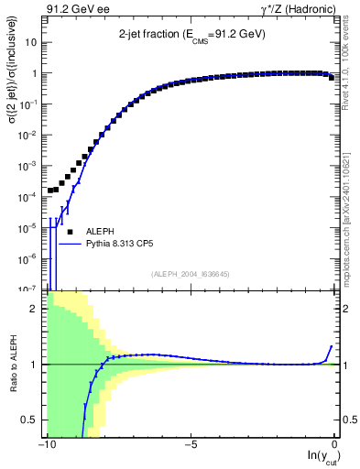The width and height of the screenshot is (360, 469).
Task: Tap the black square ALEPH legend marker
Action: (70, 232)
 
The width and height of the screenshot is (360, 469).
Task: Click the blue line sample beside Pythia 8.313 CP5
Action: (71, 245)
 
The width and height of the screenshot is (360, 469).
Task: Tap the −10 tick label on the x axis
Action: (45, 443)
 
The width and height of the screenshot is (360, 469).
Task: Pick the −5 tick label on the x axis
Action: (189, 443)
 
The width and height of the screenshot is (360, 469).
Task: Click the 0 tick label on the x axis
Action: (335, 443)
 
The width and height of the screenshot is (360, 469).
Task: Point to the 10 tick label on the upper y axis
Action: (32, 43)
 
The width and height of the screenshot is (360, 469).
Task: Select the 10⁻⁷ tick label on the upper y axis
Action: (30, 289)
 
